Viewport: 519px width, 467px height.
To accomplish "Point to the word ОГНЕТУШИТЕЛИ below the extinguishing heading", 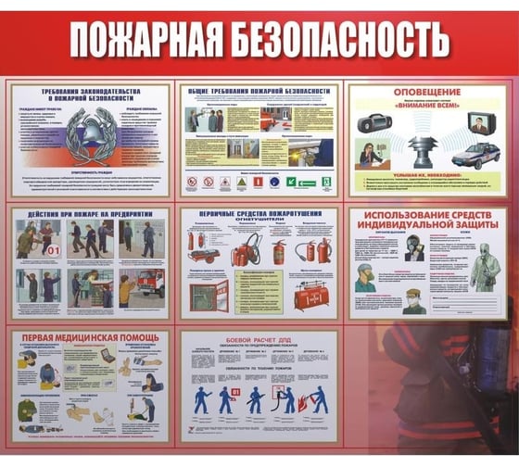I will [259, 221].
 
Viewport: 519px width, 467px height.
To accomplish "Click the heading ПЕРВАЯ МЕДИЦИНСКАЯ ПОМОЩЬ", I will [90, 336].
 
